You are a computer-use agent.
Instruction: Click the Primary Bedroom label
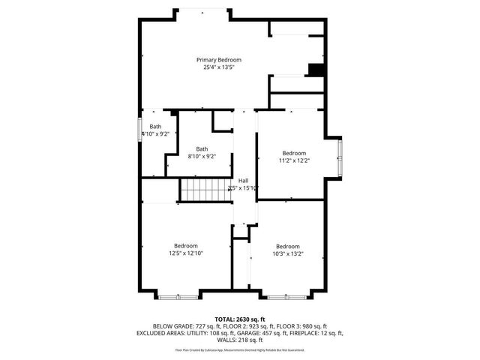[x=219, y=60]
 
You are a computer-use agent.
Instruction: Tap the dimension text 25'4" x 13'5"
[x=219, y=67]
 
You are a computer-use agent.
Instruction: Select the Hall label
[x=244, y=181]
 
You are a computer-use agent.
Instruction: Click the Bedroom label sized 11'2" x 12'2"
[x=294, y=153]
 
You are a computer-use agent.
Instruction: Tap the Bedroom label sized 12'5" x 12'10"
[x=186, y=246]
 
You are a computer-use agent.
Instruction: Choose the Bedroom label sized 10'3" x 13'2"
[x=287, y=247]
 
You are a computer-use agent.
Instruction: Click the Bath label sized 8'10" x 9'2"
[x=202, y=149]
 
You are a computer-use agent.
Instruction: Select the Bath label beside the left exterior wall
[x=155, y=127]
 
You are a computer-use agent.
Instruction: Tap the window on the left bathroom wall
[x=140, y=127]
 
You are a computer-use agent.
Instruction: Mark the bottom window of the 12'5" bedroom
[x=178, y=297]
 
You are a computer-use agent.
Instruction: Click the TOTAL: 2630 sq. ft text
[x=240, y=319]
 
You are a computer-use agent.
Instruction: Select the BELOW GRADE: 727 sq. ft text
[x=178, y=326]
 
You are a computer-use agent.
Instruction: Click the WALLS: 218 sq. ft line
[x=240, y=340]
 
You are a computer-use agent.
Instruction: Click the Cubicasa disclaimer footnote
[x=240, y=349]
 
